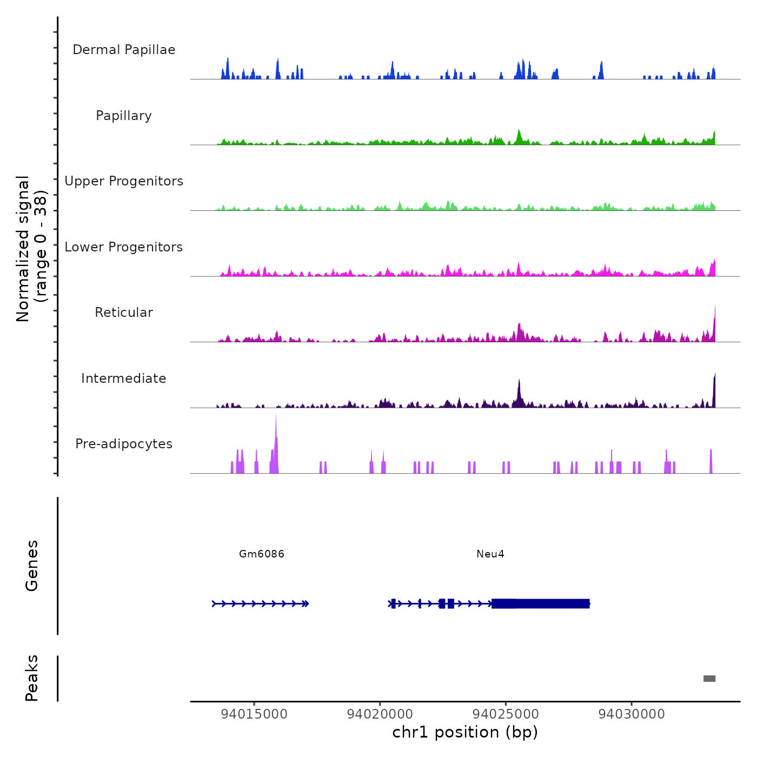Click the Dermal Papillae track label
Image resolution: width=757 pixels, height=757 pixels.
tap(124, 50)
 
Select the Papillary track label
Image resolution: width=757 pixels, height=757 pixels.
tap(124, 116)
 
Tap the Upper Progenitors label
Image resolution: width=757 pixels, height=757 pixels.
tap(124, 181)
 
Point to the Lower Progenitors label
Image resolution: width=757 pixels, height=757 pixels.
tap(124, 247)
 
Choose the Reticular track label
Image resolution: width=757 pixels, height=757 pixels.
tap(124, 313)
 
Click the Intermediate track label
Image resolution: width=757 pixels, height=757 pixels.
tap(124, 378)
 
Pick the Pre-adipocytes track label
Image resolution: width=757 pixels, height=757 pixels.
tap(124, 444)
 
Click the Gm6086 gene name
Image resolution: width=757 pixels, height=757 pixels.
tap(262, 554)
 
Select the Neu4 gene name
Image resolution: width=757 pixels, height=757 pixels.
tap(490, 554)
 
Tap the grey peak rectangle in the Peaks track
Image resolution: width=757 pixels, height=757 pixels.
tap(709, 679)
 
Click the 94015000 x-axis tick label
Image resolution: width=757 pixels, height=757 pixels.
tap(254, 714)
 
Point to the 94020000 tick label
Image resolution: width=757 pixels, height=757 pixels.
tap(380, 714)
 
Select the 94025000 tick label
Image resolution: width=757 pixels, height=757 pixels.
tap(506, 714)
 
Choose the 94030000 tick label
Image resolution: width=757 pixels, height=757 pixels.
tap(632, 714)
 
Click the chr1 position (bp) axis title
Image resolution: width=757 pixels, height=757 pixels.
tap(465, 732)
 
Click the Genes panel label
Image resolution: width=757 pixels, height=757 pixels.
tap(32, 566)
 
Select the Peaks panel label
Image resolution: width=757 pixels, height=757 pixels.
tap(32, 678)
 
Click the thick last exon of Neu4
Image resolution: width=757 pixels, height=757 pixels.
tap(541, 603)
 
